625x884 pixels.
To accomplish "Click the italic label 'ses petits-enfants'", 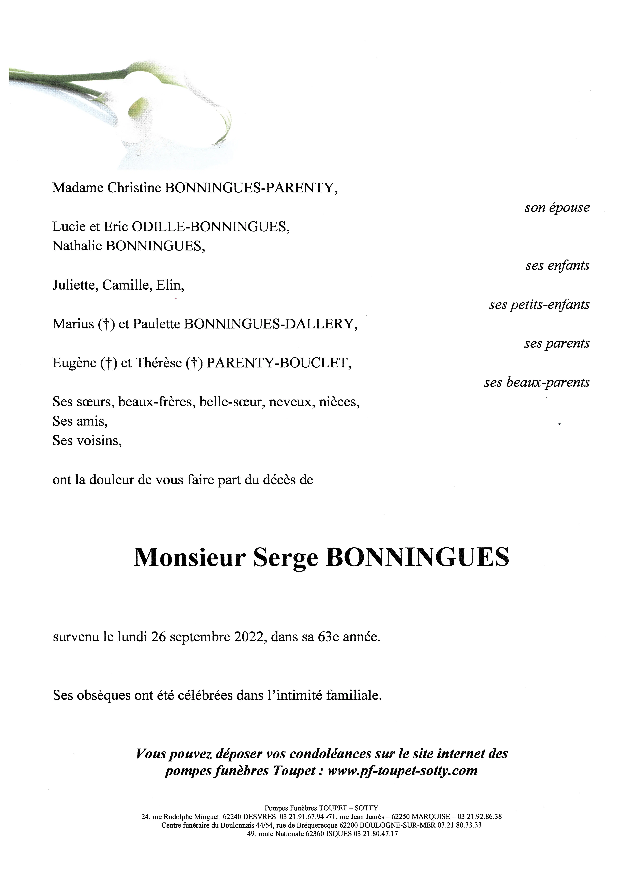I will tap(539, 304).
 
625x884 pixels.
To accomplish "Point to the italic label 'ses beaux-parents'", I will tap(537, 382).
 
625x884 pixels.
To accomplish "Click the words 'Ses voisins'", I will tap(87, 440).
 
